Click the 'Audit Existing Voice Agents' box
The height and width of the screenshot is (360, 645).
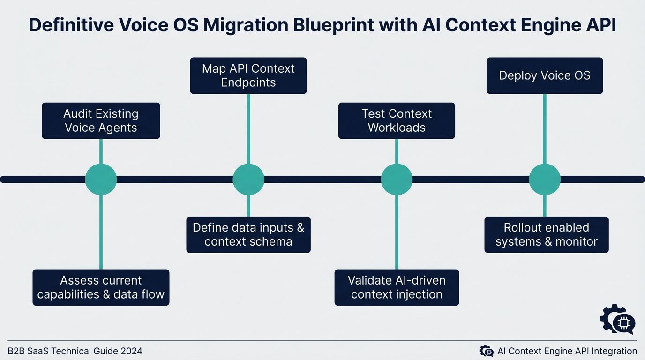pos(101,121)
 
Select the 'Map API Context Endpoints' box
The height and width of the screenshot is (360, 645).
pos(248,75)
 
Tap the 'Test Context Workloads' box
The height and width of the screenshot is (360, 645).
pos(397,121)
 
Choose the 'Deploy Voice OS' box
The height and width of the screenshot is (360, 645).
pos(545,75)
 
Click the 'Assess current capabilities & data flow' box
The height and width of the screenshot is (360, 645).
pos(101,287)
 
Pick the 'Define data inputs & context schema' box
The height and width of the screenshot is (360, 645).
pos(248,234)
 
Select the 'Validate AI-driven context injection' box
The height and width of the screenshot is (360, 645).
pos(397,287)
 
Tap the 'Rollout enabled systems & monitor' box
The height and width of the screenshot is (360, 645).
pos(547,234)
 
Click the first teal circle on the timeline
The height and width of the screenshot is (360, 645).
pos(101,179)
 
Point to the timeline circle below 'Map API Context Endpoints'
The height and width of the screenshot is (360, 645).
pos(248,179)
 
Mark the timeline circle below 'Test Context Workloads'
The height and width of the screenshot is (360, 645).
pos(397,179)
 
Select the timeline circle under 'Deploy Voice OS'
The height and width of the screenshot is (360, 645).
pos(545,179)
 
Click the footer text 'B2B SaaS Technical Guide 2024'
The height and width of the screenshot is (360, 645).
pos(75,351)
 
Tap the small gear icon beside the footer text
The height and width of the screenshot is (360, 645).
pos(486,351)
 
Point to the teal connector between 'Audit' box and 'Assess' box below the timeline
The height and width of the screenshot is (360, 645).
pos(101,232)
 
